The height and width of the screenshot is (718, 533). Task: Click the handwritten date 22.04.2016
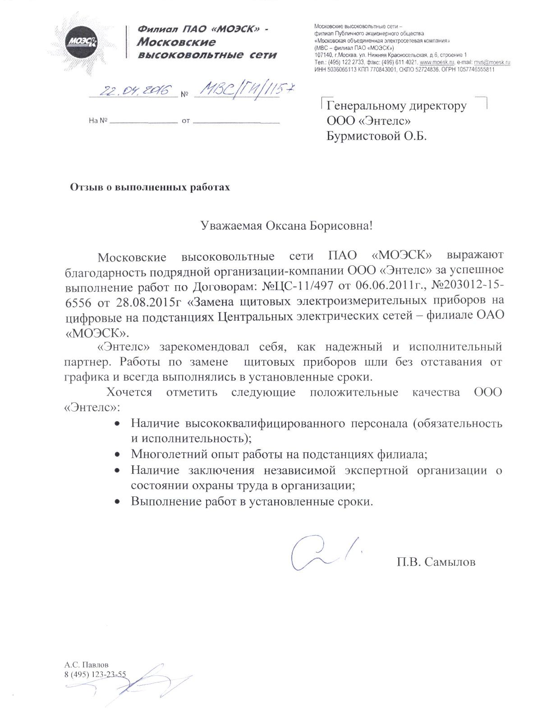pos(133,91)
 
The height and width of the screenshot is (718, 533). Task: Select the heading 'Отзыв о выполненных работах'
pos(150,187)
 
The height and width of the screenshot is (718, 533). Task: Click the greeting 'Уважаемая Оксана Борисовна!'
pos(287,225)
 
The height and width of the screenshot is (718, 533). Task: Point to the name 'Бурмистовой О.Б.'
pos(376,136)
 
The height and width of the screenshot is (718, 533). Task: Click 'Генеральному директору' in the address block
pos(396,106)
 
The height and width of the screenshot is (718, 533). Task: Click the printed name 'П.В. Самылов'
pos(436,562)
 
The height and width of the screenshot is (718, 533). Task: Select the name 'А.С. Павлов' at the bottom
pos(86,664)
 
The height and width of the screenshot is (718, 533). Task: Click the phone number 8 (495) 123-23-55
pos(95,674)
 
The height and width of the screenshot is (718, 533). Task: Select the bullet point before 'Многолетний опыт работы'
pos(117,454)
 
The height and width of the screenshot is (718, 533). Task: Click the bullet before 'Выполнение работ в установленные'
pos(117,501)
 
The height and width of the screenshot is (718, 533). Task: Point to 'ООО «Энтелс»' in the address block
pos(368,121)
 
